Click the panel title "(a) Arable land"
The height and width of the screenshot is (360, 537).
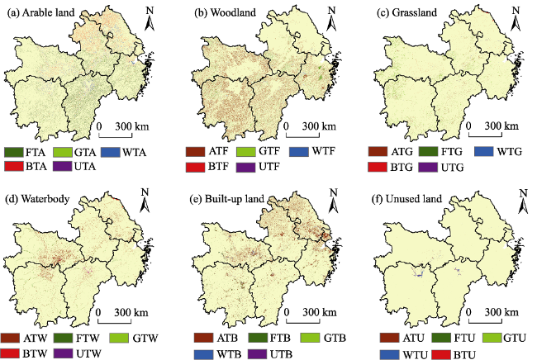pos(40,13)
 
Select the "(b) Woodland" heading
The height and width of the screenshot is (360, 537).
pos(225,12)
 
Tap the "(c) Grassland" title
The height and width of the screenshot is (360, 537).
pos(406,12)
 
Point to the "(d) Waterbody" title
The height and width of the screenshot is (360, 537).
pos(38,199)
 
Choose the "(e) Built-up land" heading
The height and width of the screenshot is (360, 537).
pos(226,199)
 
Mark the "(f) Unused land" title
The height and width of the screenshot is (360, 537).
pos(406,199)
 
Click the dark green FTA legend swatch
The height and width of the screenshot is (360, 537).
pos(14,152)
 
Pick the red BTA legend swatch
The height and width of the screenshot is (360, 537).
pos(14,166)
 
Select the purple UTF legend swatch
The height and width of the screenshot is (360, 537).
pos(246,167)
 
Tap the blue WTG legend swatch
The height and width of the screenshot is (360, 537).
pos(484,151)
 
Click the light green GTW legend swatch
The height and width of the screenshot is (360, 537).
pos(119,338)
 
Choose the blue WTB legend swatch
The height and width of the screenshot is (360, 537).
pos(203,354)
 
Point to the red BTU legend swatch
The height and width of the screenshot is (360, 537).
pos(440,354)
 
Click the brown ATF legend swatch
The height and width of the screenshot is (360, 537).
pos(196,152)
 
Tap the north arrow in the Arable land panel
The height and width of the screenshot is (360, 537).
pos(150,20)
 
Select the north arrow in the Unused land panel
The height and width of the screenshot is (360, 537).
pos(523,202)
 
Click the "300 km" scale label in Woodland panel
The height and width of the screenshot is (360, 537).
pos(319,126)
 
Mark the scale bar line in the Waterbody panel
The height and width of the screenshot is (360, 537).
pos(115,322)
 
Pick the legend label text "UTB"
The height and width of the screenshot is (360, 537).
pos(281,354)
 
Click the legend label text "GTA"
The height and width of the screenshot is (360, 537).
pos(85,152)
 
